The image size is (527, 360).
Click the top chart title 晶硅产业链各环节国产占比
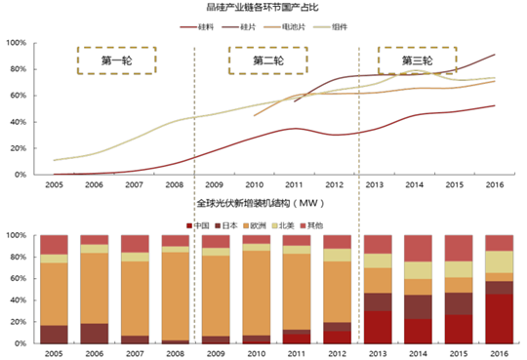264,8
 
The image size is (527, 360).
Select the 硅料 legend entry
204,26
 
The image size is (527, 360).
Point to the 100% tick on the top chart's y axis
18,44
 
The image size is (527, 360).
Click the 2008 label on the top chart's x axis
174,183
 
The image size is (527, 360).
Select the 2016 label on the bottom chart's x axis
497,355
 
